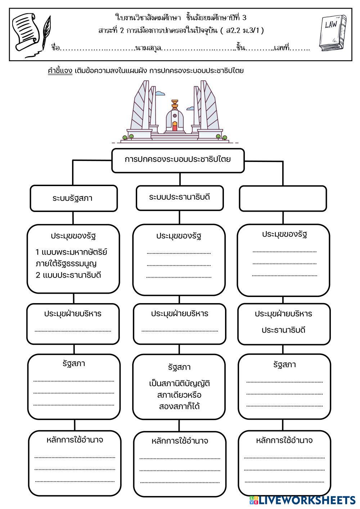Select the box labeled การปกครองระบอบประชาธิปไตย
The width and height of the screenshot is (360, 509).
tap(178, 160)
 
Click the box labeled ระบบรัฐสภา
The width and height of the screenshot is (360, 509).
tap(73, 198)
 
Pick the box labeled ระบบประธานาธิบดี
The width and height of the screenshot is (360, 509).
tap(179, 197)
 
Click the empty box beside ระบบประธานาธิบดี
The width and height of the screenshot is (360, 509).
tap(283, 198)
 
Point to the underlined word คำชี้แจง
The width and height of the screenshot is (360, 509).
tap(60, 71)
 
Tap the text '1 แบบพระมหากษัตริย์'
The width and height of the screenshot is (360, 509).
tap(71, 252)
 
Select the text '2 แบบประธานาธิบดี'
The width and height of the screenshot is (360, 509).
tap(68, 275)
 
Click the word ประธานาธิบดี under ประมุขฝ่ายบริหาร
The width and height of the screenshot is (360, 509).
tap(284, 330)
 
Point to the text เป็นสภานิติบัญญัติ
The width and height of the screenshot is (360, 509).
tap(179, 383)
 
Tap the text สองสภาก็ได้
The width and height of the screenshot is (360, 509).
tap(179, 406)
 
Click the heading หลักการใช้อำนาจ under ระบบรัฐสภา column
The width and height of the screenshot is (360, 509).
tap(75, 440)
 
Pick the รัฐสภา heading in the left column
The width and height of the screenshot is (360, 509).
tap(73, 363)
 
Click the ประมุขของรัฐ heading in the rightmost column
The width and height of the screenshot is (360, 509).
tap(284, 234)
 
